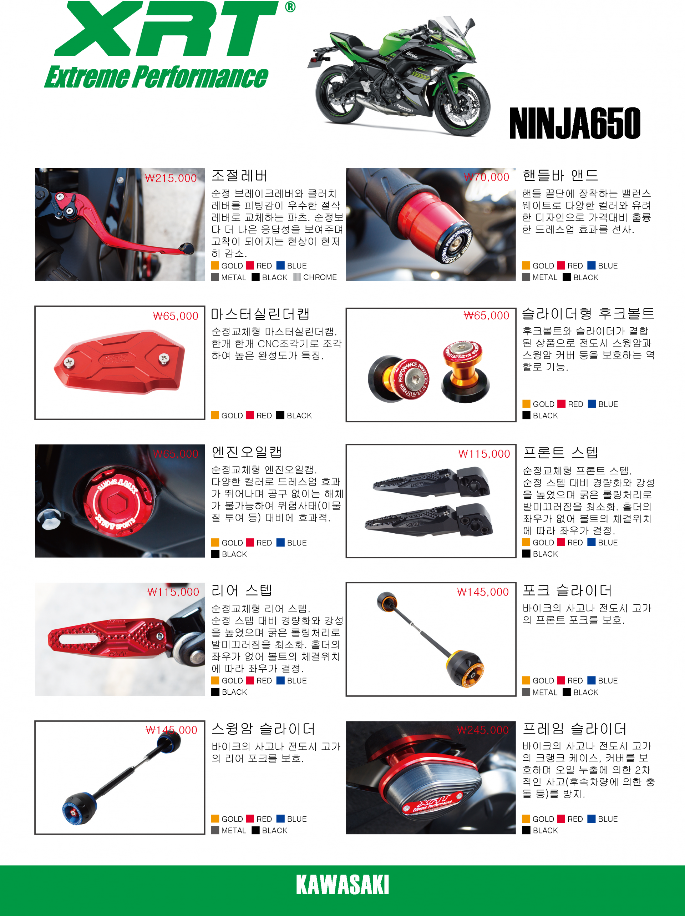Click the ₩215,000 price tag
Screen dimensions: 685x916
point(171,178)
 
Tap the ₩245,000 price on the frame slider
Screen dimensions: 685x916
point(483,730)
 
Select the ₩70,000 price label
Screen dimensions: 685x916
point(486,177)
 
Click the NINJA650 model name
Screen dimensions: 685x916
point(575,123)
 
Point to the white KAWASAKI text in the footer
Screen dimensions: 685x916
point(342,885)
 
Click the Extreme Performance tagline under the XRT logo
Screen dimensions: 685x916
point(157,77)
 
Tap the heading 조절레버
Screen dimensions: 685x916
point(240,176)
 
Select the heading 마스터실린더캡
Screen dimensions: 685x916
point(260,314)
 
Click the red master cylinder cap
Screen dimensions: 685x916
point(119,362)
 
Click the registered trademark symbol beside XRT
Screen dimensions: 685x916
point(290,7)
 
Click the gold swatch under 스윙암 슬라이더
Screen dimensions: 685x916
point(215,818)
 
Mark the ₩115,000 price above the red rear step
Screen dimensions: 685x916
point(173,592)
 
